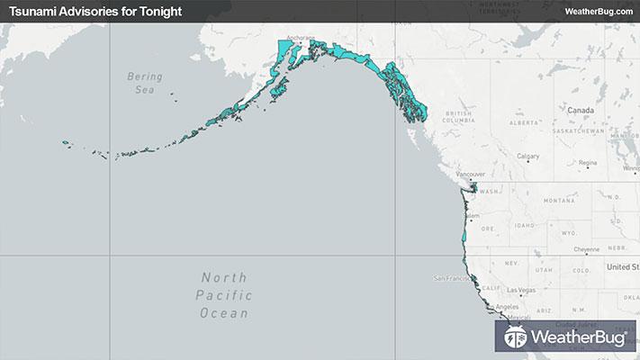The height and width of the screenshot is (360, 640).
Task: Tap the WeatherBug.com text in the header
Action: pyautogui.click(x=598, y=11)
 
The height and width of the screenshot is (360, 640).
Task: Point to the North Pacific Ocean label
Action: pyautogui.click(x=226, y=295)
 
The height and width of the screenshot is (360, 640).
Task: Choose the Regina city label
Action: pyautogui.click(x=588, y=163)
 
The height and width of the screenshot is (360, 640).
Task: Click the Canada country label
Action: pyautogui.click(x=582, y=109)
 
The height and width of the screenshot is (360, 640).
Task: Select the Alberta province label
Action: pyautogui.click(x=522, y=121)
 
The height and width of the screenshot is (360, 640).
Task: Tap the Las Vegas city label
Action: pyautogui.click(x=522, y=291)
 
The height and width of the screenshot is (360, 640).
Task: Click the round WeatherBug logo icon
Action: pyautogui.click(x=517, y=338)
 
